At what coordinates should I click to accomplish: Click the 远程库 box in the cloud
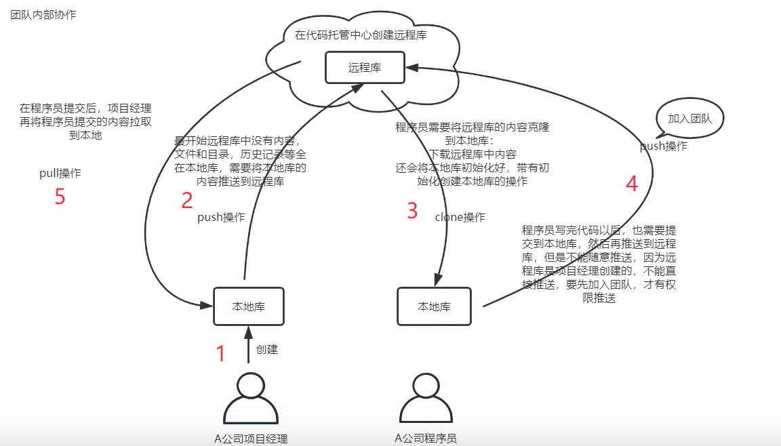365,68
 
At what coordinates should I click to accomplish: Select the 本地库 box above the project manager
248,306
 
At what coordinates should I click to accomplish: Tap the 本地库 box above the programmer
434,307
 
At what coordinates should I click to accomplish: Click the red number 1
220,353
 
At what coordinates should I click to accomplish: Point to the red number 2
187,200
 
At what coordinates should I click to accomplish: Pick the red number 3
412,211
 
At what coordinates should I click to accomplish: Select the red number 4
631,184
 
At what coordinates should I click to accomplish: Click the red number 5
60,197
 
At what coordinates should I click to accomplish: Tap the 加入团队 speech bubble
689,119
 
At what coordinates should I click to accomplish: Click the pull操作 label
60,174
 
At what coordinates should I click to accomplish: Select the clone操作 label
460,218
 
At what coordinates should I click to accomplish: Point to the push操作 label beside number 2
221,218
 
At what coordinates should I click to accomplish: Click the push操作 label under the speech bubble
664,146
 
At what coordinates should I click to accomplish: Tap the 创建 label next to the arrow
266,350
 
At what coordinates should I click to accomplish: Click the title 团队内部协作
43,15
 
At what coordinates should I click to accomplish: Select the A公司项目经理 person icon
251,400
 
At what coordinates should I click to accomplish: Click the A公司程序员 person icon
426,400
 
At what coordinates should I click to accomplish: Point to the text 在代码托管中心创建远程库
361,35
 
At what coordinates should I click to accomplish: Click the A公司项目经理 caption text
251,439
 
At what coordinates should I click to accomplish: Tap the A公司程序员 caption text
426,438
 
